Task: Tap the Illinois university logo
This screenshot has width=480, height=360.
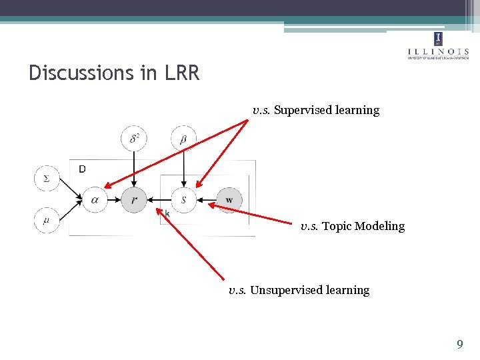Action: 437,45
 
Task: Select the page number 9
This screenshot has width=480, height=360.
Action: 459,345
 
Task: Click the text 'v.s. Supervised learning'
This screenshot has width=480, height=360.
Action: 315,110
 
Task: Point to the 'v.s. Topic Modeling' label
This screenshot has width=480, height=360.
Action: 352,226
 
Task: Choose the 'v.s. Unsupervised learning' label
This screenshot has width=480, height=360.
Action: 299,290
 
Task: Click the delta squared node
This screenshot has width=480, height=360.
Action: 134,139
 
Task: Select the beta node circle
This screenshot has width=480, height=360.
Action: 183,139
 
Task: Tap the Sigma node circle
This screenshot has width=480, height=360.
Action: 47,178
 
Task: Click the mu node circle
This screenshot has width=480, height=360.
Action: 47,220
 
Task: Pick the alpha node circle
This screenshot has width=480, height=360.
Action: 95,199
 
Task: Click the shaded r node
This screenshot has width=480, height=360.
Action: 134,199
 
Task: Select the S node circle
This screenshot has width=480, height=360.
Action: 183,199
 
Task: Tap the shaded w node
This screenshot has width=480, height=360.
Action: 229,199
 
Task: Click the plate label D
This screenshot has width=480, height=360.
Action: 82,169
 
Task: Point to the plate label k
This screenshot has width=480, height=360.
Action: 167,213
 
